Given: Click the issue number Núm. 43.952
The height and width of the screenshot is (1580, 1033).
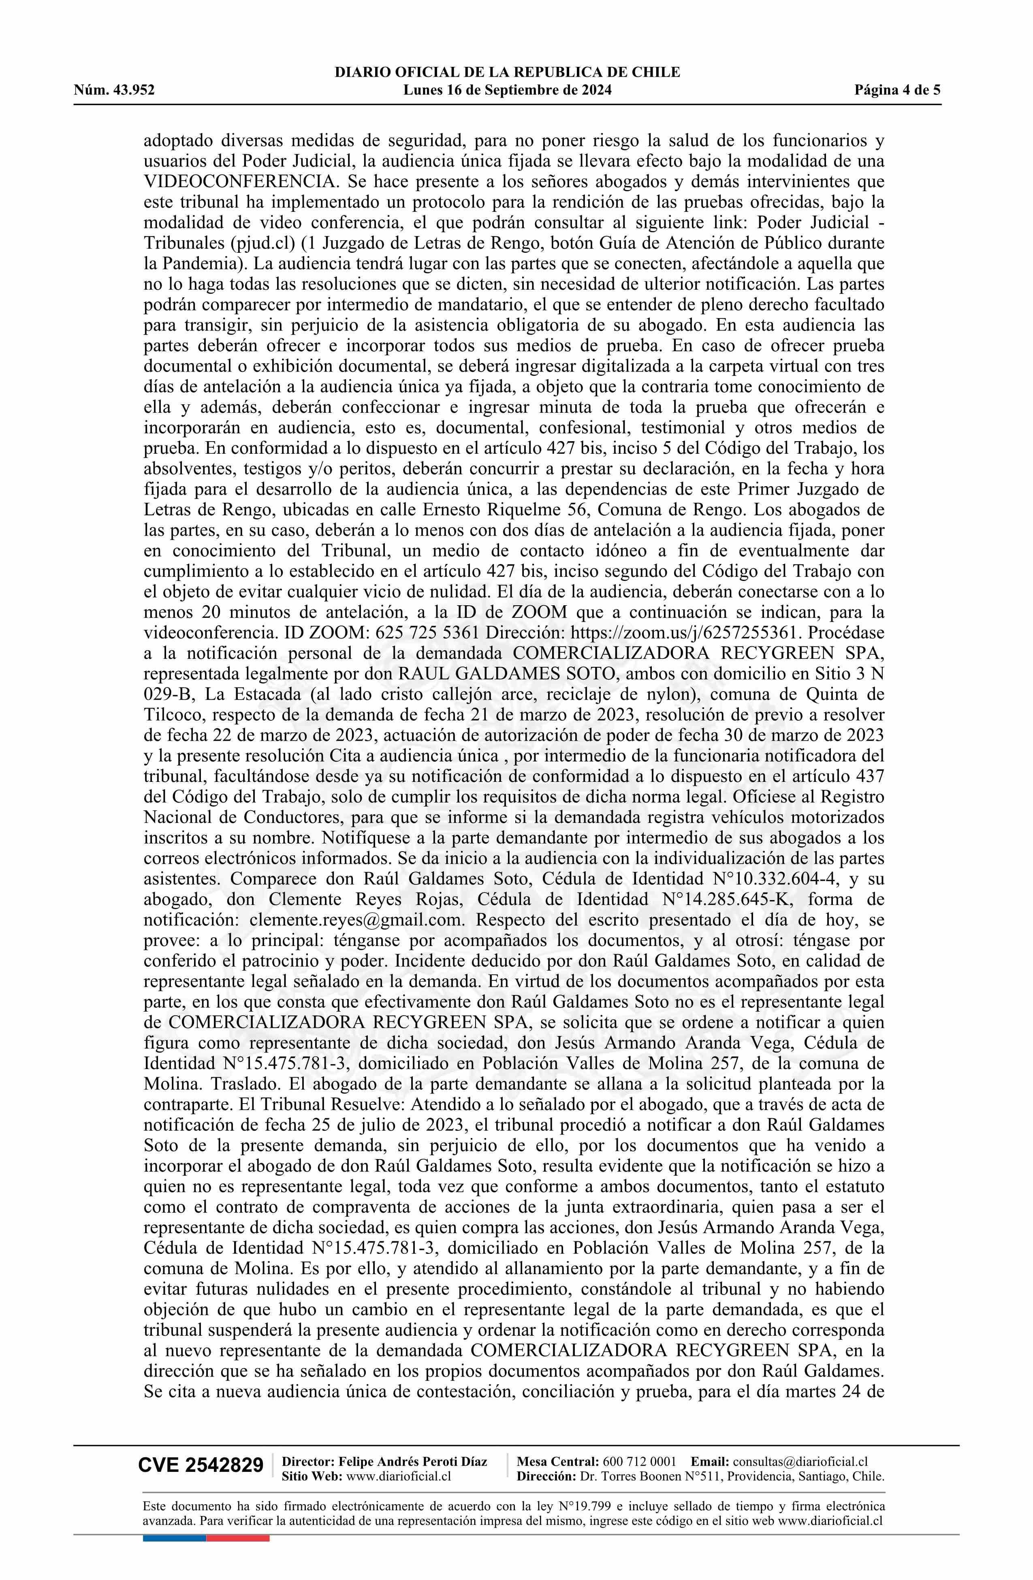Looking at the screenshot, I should pyautogui.click(x=114, y=90).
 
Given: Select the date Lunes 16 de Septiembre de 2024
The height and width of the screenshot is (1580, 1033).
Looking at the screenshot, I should pyautogui.click(x=507, y=90).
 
